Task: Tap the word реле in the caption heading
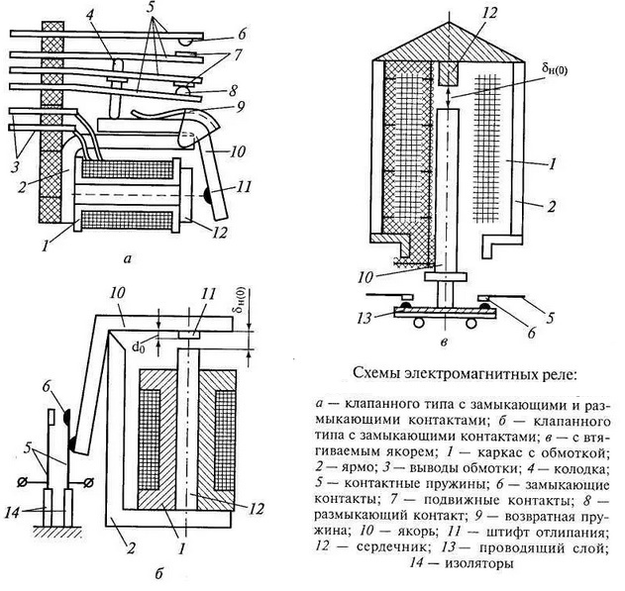pyautogui.click(x=567, y=373)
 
